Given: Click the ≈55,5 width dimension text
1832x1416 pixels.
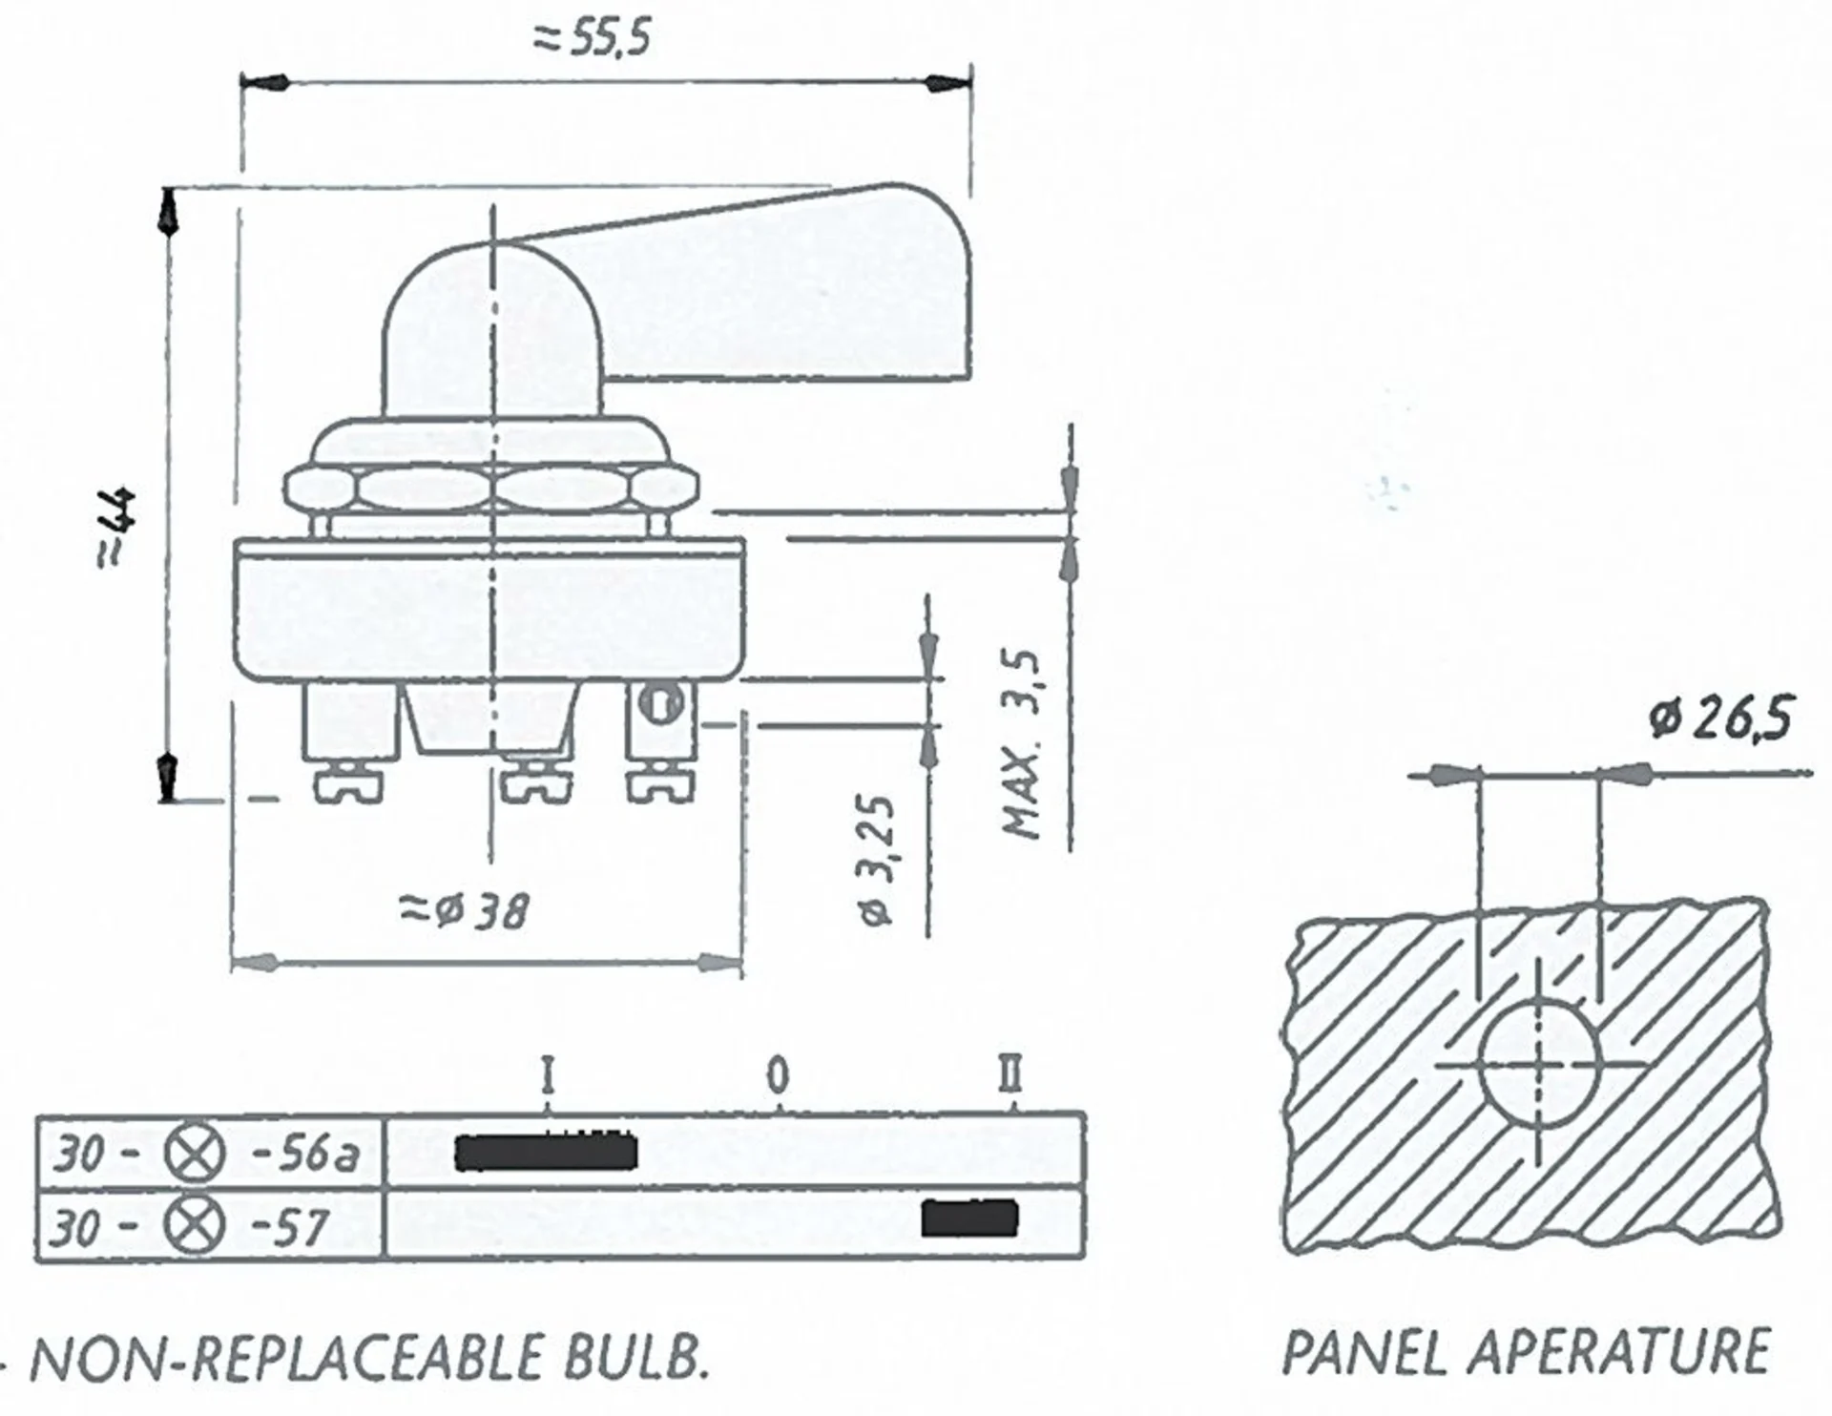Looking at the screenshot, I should pos(593,39).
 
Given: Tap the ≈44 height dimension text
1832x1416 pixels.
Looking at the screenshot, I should pos(117,530).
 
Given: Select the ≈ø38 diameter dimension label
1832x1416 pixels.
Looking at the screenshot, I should pos(464,910).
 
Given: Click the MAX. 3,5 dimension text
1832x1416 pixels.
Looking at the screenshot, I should pos(1021,744).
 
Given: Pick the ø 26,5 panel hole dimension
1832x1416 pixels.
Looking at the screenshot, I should pos(1720,718).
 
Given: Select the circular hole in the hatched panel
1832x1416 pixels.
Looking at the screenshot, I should pos(1538,1062).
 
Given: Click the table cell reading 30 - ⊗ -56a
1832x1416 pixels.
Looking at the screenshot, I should pos(207,1154).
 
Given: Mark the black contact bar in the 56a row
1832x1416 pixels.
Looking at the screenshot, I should pos(545,1153).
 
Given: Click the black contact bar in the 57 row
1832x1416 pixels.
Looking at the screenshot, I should pos(969,1218).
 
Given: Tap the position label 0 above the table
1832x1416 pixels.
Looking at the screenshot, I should pos(779,1076).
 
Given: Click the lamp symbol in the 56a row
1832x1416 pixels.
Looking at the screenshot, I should pos(196,1154).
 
